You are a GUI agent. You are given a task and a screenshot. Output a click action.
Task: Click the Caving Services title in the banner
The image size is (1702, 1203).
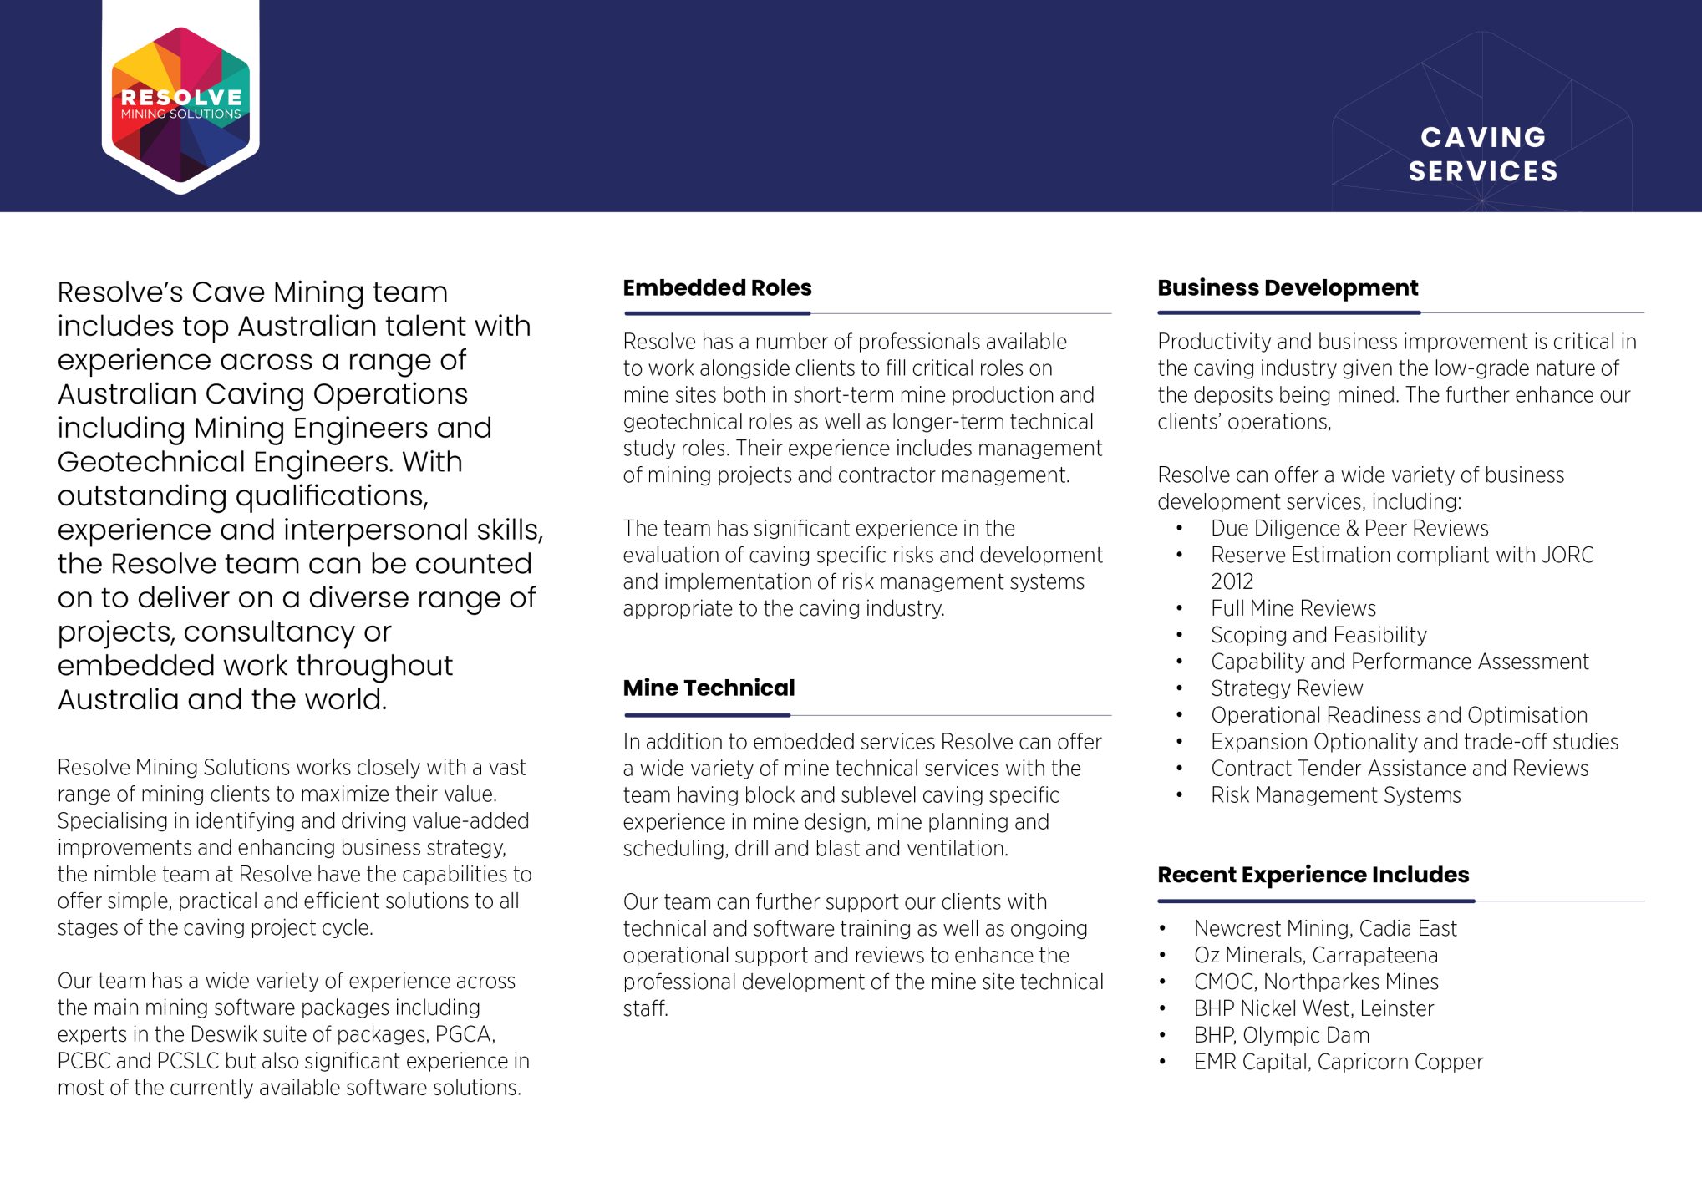point(1482,154)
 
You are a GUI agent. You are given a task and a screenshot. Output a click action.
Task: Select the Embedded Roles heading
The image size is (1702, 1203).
point(717,288)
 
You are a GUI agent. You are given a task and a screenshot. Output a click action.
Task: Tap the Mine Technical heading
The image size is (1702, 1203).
point(709,688)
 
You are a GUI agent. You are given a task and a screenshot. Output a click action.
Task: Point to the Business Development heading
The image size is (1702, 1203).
point(1287,288)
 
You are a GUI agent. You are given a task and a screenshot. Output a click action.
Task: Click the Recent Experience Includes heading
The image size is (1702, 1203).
point(1313,875)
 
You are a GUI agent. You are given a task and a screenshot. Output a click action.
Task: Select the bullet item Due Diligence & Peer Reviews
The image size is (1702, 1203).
point(1349,529)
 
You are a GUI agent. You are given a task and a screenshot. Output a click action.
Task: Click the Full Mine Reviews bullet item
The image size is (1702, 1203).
point(1293,609)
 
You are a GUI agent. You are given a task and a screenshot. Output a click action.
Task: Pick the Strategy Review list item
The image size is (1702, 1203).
point(1287,689)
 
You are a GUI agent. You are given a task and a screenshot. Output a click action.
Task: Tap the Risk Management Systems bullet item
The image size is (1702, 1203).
point(1335,795)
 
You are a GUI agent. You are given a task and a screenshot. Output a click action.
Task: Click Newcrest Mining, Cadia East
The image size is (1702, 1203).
point(1324,929)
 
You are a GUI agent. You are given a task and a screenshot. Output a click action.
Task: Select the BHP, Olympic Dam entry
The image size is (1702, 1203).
point(1281,1036)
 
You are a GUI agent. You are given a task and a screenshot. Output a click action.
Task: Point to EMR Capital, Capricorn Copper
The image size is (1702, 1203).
point(1338,1063)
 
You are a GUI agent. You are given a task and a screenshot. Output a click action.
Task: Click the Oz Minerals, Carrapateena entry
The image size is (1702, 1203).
point(1315,956)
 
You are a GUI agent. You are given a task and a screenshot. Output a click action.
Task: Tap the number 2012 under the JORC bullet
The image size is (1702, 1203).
point(1232,582)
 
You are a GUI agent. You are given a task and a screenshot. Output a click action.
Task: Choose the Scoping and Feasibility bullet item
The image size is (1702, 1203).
point(1318,636)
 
